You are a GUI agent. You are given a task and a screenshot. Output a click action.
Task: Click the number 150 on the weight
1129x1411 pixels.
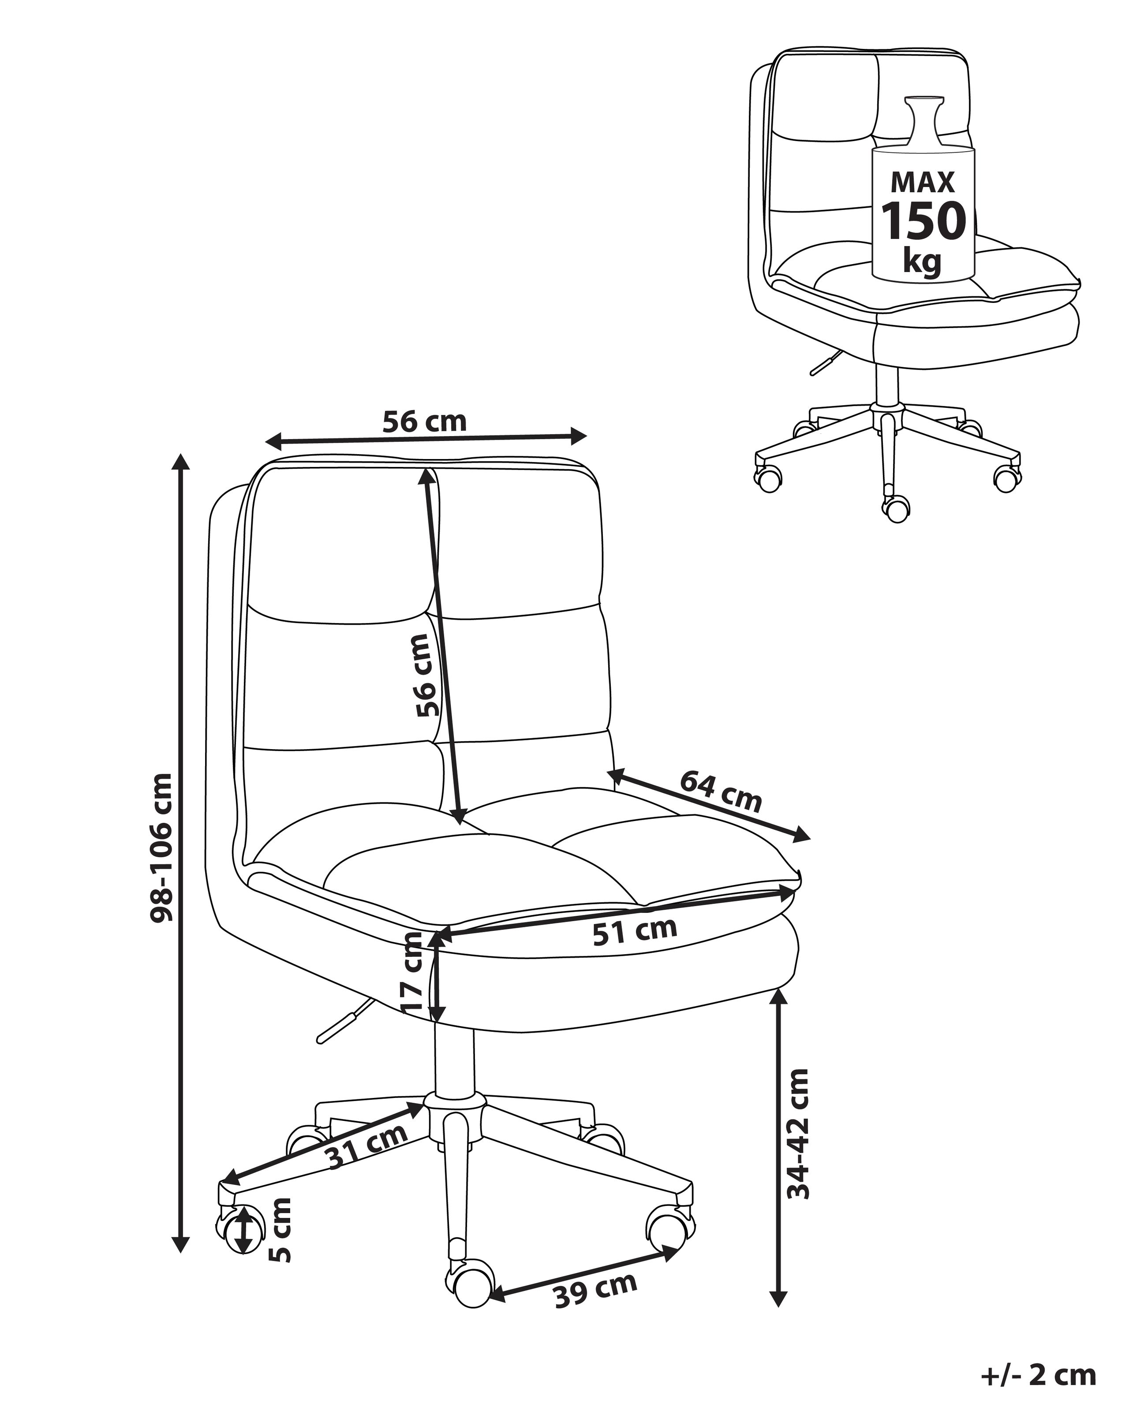click(923, 220)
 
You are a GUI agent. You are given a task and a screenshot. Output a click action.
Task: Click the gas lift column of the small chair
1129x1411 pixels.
click(887, 384)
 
